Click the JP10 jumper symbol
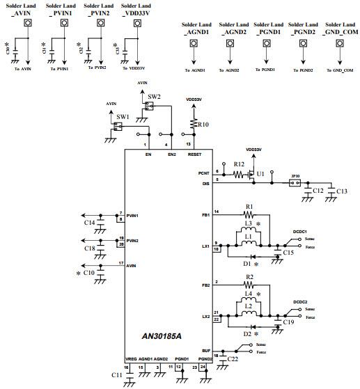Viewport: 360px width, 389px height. [x=295, y=184]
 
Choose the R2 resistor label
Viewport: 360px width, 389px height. [x=249, y=277]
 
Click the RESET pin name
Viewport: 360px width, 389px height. [x=194, y=154]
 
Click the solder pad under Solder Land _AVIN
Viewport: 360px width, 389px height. [x=28, y=23]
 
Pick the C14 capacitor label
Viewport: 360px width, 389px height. [x=89, y=223]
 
